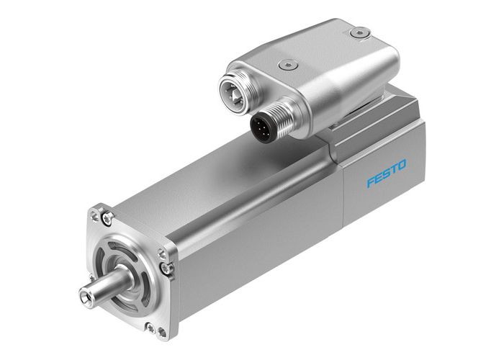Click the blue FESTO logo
click(x=386, y=173)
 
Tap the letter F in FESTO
click(x=370, y=181)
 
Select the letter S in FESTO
click(x=386, y=173)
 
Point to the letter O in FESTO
click(x=402, y=165)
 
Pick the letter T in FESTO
click(x=394, y=168)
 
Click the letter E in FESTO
click(x=378, y=177)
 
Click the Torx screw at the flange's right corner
click(x=167, y=268)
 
